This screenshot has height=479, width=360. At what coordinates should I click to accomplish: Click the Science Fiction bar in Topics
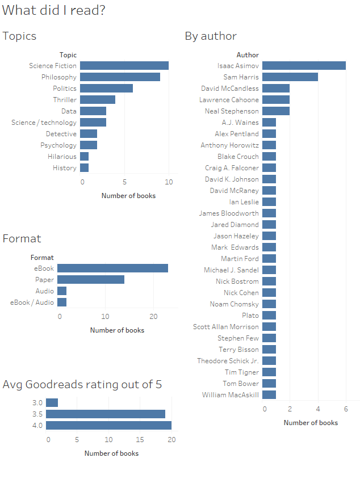tap(124, 66)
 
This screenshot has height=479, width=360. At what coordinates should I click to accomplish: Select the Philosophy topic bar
tap(120, 77)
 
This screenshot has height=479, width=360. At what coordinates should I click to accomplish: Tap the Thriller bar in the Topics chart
tap(98, 100)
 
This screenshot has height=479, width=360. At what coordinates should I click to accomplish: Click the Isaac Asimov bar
tap(304, 66)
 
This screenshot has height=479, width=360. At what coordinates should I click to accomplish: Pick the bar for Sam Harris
tap(290, 77)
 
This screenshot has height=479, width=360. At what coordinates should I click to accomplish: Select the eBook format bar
tap(112, 268)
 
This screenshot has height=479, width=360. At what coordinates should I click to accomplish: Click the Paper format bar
tap(91, 280)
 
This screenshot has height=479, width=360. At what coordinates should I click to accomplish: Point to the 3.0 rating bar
tap(52, 403)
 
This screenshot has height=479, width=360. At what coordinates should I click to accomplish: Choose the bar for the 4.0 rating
tap(108, 426)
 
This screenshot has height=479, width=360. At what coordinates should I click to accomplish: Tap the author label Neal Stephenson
tap(232, 111)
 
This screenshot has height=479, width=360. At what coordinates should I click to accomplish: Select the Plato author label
tap(250, 316)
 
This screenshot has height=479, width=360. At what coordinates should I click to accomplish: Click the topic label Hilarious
tap(62, 157)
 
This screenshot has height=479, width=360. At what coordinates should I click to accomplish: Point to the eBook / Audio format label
tap(32, 302)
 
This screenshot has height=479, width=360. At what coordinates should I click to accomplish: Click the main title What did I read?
tap(53, 10)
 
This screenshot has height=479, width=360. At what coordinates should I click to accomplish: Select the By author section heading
tap(211, 36)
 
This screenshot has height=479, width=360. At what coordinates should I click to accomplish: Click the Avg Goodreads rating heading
tap(82, 385)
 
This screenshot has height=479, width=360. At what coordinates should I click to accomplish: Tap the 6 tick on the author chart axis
tap(346, 409)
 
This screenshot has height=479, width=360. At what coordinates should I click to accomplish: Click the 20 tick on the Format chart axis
tap(154, 317)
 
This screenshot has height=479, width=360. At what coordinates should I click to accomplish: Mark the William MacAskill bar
tap(269, 395)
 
